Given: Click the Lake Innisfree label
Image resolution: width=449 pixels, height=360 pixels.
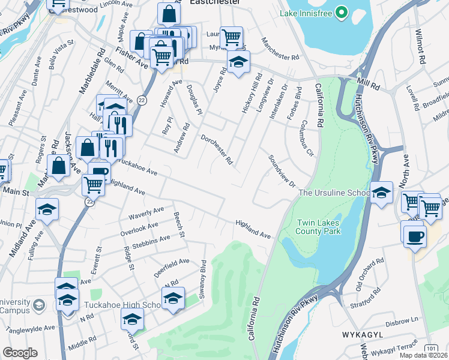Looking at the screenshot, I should [305, 13].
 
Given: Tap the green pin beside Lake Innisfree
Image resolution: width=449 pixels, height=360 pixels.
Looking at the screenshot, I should [341, 12].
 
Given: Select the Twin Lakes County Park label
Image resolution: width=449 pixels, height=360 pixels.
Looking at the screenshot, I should [319, 227].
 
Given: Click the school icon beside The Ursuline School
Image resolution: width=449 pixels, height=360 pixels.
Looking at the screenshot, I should [381, 192].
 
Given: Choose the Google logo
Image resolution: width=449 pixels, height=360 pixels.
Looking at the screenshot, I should [20, 353].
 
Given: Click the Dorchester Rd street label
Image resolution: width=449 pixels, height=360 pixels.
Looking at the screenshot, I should [217, 149].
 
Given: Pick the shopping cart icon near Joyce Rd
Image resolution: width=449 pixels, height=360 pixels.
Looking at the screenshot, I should [231, 38].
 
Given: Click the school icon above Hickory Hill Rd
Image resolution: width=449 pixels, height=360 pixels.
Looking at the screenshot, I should [238, 61].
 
